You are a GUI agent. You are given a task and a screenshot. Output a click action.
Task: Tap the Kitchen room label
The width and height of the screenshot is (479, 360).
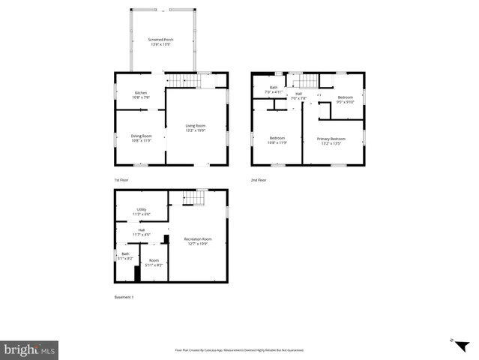[141, 94]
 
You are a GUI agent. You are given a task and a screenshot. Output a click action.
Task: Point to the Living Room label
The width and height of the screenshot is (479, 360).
[196, 127]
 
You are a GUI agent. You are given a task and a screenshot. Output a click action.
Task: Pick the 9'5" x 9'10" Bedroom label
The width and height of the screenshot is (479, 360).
[345, 100]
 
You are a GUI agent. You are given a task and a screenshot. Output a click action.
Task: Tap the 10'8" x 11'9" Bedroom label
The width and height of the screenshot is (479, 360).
[277, 140]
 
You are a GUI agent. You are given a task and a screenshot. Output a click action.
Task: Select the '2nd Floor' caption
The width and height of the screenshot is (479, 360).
[259, 181]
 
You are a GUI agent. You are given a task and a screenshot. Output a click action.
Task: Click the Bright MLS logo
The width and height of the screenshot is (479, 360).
[29, 350]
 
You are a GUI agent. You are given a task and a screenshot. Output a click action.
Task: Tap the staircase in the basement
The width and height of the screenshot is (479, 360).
[194, 198]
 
